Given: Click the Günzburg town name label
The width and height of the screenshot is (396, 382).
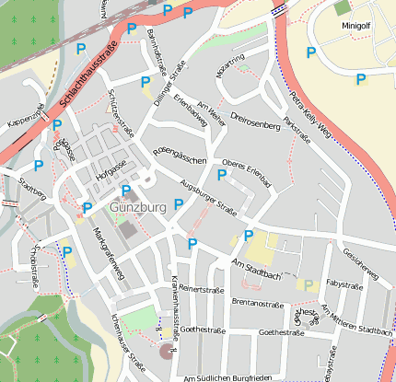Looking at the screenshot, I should (x=137, y=207).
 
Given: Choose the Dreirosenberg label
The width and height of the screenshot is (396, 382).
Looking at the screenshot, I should (x=255, y=120).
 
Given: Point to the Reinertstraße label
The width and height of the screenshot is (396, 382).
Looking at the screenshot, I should (x=202, y=289).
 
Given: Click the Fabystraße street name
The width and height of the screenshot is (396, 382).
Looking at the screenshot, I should (x=344, y=285).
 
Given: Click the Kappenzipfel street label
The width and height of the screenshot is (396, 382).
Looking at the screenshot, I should (x=26, y=117).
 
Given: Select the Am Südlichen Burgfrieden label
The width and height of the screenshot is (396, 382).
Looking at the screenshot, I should (x=228, y=377).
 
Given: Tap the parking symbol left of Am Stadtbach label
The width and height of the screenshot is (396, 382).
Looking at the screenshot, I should (x=192, y=244).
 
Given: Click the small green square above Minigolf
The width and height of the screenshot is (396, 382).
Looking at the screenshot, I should (x=343, y=7).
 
